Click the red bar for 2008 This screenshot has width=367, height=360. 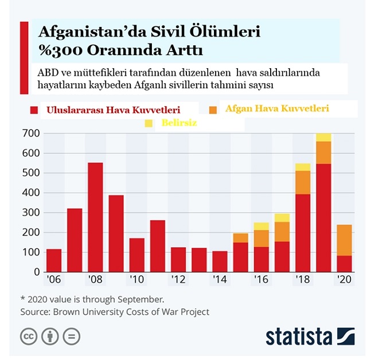pyautogui.click(x=95, y=217)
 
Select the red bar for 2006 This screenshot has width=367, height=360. pyautogui.click(x=54, y=260)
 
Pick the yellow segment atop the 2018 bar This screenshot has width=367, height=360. pyautogui.click(x=303, y=167)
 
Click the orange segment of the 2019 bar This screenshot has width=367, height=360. pyautogui.click(x=323, y=152)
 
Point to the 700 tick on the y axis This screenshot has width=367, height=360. pyautogui.click(x=30, y=134)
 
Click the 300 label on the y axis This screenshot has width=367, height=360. pyautogui.click(x=30, y=213)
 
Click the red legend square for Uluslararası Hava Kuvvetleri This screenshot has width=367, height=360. pyautogui.click(x=34, y=109)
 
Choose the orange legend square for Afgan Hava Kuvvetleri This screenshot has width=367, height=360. pyautogui.click(x=213, y=109)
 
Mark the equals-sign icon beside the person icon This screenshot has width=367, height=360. pyautogui.click(x=71, y=336)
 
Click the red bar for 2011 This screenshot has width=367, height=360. pyautogui.click(x=158, y=246)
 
